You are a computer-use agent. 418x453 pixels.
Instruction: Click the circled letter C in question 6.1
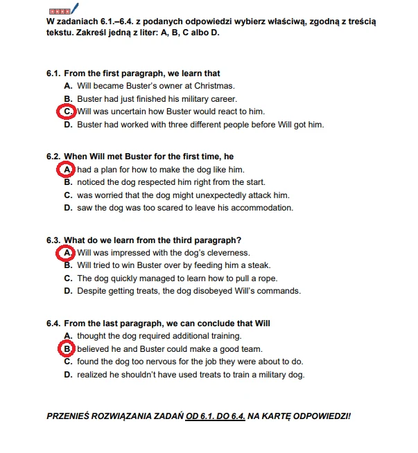(67, 111)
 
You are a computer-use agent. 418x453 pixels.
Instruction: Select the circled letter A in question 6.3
(67, 253)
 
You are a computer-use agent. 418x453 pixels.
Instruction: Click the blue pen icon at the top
(76, 10)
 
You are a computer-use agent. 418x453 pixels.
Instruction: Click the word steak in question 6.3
(259, 265)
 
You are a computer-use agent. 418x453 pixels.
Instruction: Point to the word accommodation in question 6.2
(259, 208)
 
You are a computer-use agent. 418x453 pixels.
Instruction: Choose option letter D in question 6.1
(68, 125)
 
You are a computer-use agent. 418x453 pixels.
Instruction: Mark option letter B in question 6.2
(68, 183)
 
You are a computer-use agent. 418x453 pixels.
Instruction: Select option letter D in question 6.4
(68, 375)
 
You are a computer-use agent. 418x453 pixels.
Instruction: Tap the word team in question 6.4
(252, 349)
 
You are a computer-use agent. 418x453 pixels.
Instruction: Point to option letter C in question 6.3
(68, 278)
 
